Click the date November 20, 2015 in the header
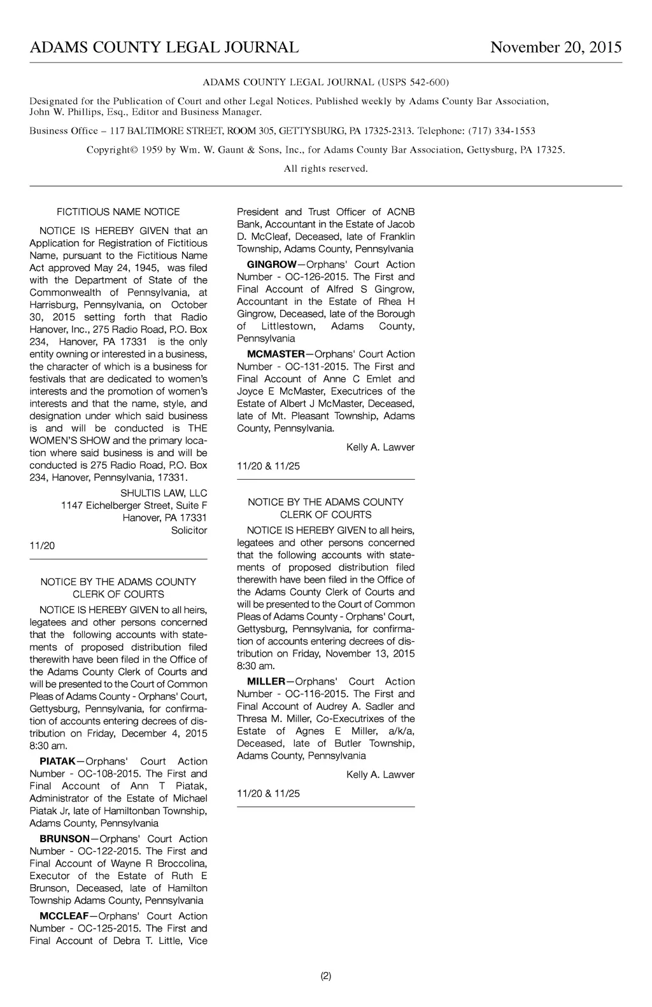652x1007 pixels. (x=556, y=48)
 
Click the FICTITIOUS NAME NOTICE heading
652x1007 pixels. (x=118, y=212)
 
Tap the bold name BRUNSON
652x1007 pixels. (x=64, y=839)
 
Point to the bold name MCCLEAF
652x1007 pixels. (x=64, y=916)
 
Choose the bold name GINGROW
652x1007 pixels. (x=271, y=265)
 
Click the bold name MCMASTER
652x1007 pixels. (x=276, y=354)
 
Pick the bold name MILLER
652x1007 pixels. (x=266, y=682)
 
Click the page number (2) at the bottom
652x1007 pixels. (x=326, y=976)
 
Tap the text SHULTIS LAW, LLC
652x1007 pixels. (x=164, y=493)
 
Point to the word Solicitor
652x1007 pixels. (x=189, y=530)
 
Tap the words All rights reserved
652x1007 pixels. (x=325, y=169)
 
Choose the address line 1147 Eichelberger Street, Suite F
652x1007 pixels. (x=134, y=505)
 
